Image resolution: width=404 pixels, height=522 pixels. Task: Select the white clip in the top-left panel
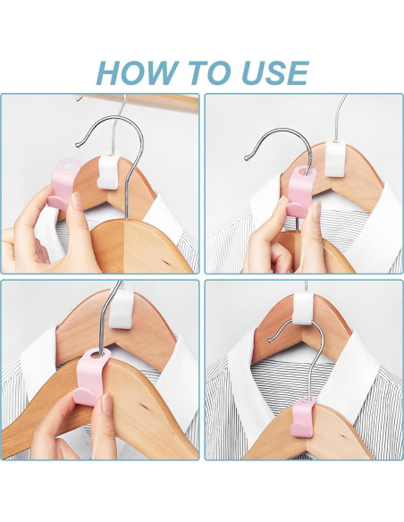point(108,171)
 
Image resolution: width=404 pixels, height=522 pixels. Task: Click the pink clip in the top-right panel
point(301,191)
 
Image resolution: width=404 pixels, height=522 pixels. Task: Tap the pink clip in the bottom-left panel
point(93,376)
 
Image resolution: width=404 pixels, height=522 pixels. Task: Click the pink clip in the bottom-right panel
point(302,417)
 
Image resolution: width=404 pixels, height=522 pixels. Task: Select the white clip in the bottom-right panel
point(303,308)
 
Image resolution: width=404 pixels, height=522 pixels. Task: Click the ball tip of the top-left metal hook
point(77,145)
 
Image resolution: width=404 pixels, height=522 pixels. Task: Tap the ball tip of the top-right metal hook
point(247,158)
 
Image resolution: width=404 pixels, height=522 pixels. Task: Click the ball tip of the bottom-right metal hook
point(270,340)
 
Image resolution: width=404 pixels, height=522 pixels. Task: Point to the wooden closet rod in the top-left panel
point(139,102)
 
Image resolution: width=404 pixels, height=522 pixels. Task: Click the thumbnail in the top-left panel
point(77,201)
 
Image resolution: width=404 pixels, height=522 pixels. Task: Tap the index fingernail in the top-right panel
point(316,210)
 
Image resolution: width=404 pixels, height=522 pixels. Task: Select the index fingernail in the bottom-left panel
point(106,403)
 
